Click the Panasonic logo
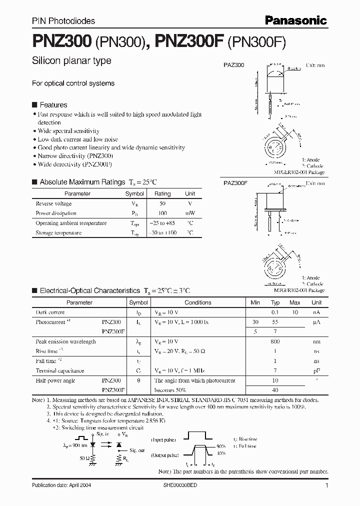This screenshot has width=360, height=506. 295,20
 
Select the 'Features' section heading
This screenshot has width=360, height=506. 53,105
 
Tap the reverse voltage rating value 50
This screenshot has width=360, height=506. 162,203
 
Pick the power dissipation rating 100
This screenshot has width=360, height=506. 162,213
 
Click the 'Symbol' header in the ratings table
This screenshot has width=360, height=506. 134,193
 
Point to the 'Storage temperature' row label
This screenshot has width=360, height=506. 58,232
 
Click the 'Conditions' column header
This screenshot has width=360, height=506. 198,302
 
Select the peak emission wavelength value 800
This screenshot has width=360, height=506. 275,341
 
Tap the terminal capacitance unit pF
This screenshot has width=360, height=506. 316,371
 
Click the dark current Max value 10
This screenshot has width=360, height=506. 295,312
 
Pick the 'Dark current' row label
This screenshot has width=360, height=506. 50,312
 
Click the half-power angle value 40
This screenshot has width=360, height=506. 275,390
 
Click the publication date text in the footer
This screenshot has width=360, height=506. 61,485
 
